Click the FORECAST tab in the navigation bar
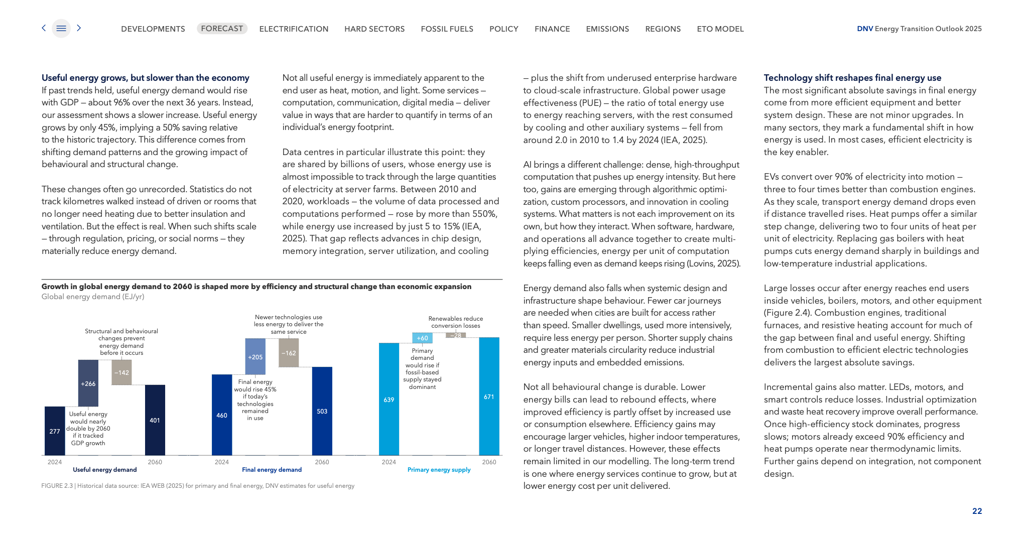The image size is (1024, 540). pyautogui.click(x=222, y=29)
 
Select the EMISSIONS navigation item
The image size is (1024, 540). pyautogui.click(x=607, y=29)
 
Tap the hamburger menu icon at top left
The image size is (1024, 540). pyautogui.click(x=61, y=29)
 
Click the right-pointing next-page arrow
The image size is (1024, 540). pyautogui.click(x=79, y=28)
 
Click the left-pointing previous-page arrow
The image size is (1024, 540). pyautogui.click(x=44, y=28)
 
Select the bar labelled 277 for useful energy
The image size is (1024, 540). pyautogui.click(x=55, y=431)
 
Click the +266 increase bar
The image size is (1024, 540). pyautogui.click(x=88, y=383)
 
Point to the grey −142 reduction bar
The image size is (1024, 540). pyautogui.click(x=121, y=372)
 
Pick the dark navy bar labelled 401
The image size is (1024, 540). pyautogui.click(x=155, y=420)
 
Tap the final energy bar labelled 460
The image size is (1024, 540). pyautogui.click(x=222, y=415)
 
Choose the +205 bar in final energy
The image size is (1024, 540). pyautogui.click(x=255, y=356)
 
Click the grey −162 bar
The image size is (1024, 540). pyautogui.click(x=289, y=352)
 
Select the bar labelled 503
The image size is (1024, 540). pyautogui.click(x=322, y=411)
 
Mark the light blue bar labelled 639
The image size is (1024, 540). pyautogui.click(x=389, y=399)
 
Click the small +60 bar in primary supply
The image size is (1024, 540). pyautogui.click(x=422, y=338)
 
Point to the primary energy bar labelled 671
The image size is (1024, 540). pyautogui.click(x=489, y=396)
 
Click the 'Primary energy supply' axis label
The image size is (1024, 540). pyautogui.click(x=439, y=470)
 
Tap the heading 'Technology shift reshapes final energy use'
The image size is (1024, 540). pyautogui.click(x=852, y=78)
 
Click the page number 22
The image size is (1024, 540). pyautogui.click(x=977, y=511)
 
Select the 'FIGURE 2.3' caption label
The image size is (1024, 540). pyautogui.click(x=57, y=486)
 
